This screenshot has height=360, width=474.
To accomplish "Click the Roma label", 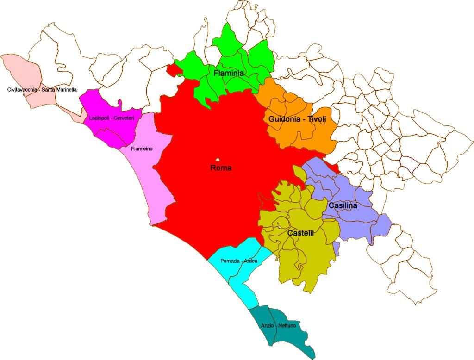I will [221, 168].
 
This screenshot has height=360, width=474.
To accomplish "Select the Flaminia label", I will [229, 73].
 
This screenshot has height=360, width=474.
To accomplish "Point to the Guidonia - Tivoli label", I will [297, 119].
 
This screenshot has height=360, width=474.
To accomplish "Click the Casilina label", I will [343, 205].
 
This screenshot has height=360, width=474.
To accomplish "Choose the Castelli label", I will [300, 233].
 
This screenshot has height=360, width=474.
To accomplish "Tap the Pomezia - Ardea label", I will [239, 261].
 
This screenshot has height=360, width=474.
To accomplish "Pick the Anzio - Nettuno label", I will [278, 326].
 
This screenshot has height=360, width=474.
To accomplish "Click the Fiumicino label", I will [142, 149].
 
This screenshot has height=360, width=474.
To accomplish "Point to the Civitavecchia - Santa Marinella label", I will [42, 90].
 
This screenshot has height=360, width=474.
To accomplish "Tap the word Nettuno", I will [287, 326].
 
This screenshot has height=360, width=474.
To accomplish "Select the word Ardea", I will [250, 261].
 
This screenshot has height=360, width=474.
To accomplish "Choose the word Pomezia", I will [230, 261].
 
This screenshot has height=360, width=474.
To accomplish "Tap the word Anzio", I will [267, 326].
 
